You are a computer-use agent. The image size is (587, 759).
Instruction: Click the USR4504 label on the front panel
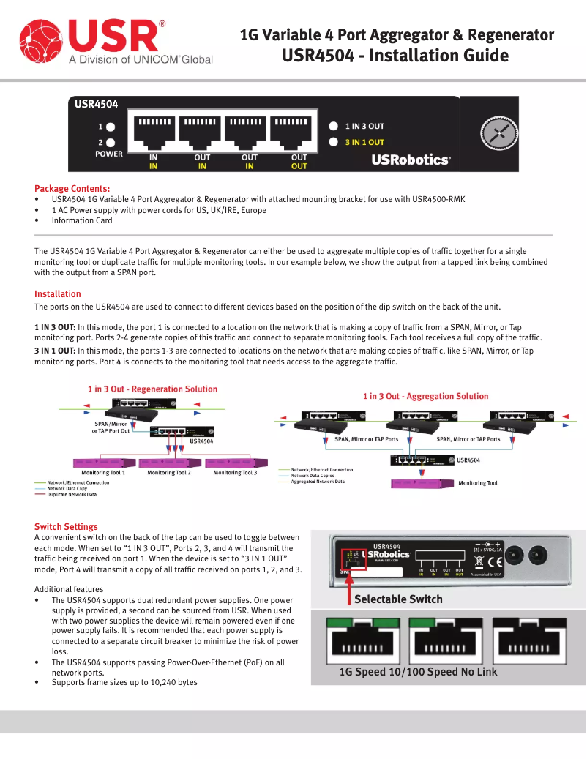tap(96, 104)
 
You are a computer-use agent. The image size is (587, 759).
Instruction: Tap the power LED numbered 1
tap(111, 127)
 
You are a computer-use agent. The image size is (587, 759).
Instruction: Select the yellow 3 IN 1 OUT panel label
tap(364, 143)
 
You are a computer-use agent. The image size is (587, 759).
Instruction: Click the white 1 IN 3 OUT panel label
tap(364, 127)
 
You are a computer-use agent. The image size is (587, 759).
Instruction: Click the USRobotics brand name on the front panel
tap(411, 159)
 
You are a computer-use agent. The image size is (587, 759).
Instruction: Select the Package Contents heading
tap(72, 188)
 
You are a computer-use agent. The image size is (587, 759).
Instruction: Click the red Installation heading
tap(58, 294)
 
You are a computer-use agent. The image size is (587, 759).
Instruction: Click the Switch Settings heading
tap(66, 526)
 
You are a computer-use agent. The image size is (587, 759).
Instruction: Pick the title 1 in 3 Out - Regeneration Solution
tap(152, 389)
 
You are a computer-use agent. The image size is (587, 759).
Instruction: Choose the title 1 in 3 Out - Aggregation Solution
tap(425, 396)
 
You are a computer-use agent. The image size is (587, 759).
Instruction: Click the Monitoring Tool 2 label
tap(169, 473)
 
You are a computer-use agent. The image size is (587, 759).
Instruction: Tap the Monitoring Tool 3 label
tap(235, 473)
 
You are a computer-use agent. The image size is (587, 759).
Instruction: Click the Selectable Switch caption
tap(398, 599)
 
